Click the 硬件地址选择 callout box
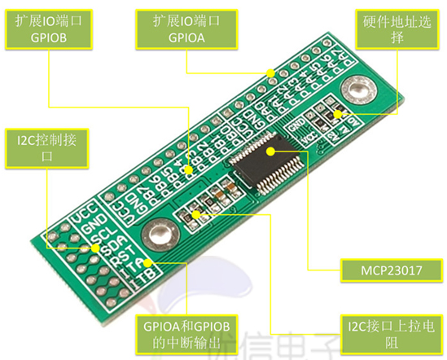(398, 32)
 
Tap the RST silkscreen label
(112, 259)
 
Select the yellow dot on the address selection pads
(336, 115)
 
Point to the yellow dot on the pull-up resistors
(196, 215)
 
